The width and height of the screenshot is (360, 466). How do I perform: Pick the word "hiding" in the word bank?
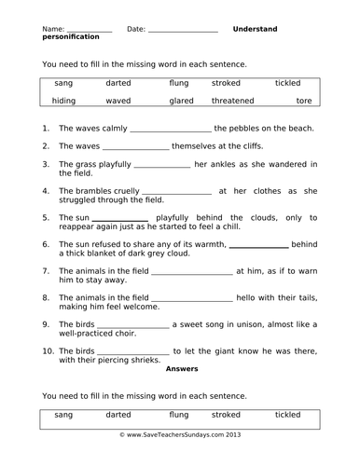coord(64,100)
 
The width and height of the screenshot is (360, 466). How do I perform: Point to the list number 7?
coord(46,271)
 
